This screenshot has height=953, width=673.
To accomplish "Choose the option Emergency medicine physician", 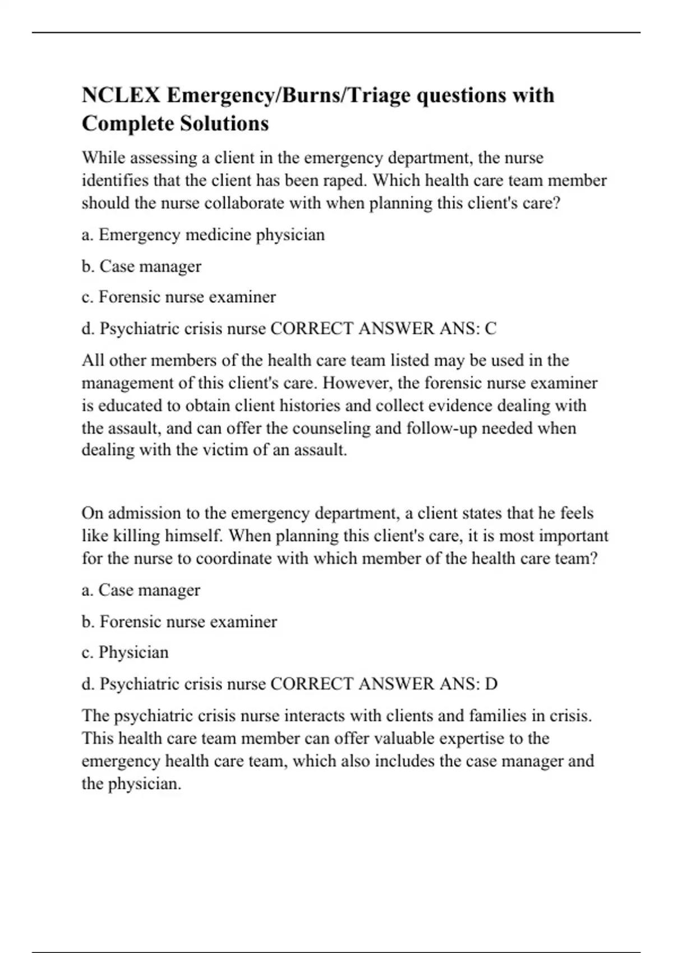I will (x=211, y=234).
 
